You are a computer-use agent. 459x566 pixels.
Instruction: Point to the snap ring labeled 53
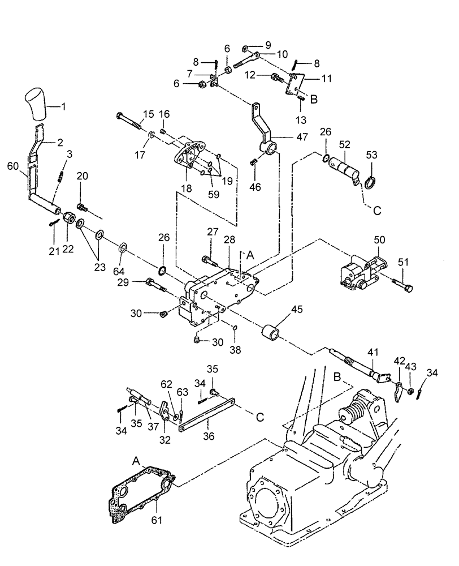(371, 183)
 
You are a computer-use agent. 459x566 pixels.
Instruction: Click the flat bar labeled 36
(206, 419)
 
